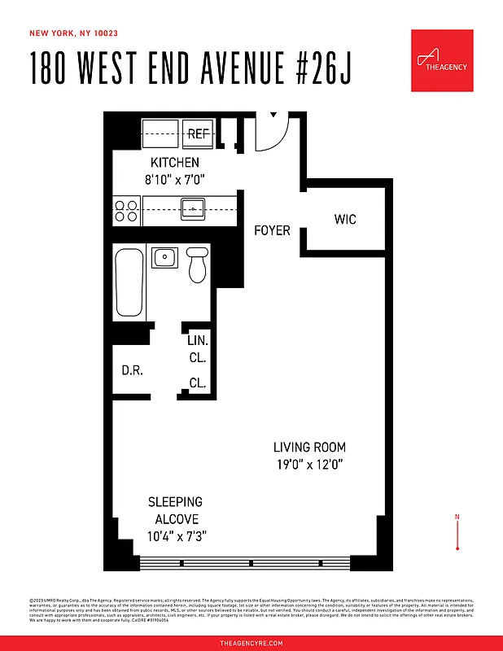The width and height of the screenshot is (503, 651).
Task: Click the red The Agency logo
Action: pyautogui.click(x=442, y=60)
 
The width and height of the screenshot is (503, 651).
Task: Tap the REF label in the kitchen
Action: pyautogui.click(x=198, y=133)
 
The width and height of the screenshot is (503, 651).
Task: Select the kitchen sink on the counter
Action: pyautogui.click(x=192, y=209)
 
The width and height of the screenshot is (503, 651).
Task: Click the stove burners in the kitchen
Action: pyautogui.click(x=125, y=211)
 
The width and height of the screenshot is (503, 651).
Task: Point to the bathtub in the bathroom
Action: pyautogui.click(x=129, y=283)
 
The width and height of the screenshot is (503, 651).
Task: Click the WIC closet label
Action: pyautogui.click(x=345, y=220)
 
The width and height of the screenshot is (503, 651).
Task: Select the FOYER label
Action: pyautogui.click(x=272, y=230)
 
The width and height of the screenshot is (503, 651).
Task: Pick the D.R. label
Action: pyautogui.click(x=133, y=370)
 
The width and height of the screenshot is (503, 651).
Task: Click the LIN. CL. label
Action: pyautogui.click(x=198, y=349)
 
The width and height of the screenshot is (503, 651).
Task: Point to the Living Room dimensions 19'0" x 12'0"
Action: pyautogui.click(x=309, y=465)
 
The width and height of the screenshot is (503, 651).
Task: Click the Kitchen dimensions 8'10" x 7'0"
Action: pyautogui.click(x=175, y=178)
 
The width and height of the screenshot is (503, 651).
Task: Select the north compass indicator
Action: pyautogui.click(x=458, y=532)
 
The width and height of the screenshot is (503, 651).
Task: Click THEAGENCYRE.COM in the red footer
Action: pyautogui.click(x=251, y=643)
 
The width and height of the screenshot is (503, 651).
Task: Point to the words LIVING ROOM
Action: pyautogui.click(x=309, y=447)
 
